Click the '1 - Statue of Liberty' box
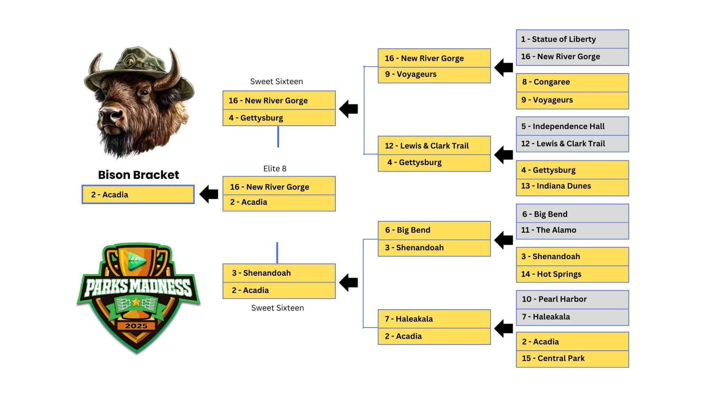click(573, 39)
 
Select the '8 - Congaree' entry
click(573, 82)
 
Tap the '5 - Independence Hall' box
click(573, 126)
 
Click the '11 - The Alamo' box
click(573, 230)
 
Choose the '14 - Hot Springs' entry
click(573, 274)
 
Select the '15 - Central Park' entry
click(573, 359)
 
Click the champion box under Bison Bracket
click(138, 194)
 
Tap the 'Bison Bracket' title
click(138, 175)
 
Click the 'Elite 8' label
click(275, 169)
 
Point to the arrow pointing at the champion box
click(209, 194)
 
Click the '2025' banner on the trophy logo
click(136, 326)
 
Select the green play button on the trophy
click(137, 261)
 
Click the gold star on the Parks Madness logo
click(136, 302)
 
